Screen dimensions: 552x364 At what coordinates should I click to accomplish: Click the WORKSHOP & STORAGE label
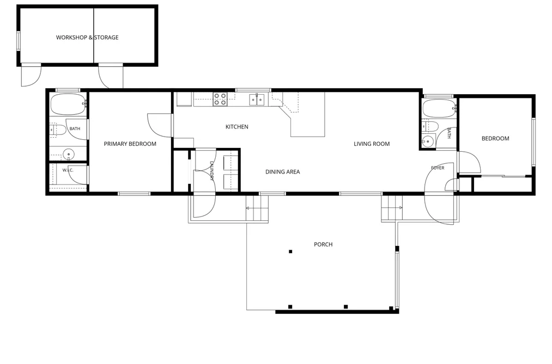point(87,37)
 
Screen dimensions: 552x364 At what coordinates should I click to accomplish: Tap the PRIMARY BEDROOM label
point(130,144)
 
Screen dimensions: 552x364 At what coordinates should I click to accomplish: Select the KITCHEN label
point(237,126)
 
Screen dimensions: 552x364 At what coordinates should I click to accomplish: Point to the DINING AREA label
point(283,172)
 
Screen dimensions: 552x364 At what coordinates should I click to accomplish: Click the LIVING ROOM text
point(372,144)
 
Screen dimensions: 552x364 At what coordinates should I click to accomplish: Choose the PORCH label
point(323,244)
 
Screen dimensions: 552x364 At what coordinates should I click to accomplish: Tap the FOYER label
point(438,168)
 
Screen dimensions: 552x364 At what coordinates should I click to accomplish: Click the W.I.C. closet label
point(68,170)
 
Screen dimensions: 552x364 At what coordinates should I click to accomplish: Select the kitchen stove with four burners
point(220,98)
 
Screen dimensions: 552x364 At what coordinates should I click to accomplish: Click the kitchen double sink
point(257,100)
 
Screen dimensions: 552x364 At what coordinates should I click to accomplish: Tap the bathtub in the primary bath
point(68,104)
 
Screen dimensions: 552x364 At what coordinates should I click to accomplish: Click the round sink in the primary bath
point(68,154)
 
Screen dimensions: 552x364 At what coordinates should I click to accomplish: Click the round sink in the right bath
point(428,141)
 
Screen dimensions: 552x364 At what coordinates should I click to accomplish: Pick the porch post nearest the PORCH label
point(290,251)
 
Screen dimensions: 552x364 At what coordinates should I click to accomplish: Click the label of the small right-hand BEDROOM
point(495,138)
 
